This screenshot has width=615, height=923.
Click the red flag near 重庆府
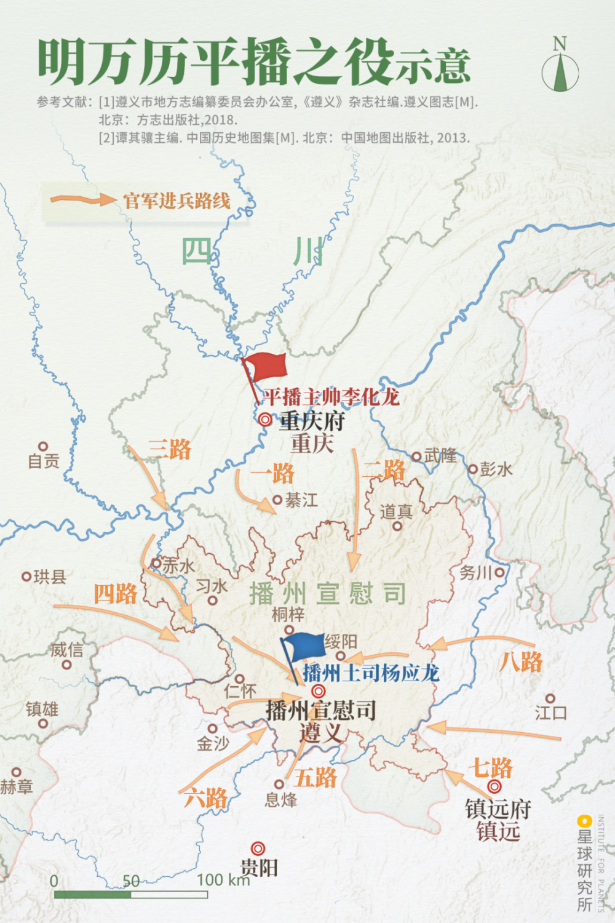point(266,367)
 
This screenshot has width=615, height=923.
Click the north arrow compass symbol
point(560,68)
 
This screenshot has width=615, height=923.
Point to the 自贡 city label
point(44,461)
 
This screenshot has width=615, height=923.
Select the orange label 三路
point(170,449)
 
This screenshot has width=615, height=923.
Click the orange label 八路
point(521,661)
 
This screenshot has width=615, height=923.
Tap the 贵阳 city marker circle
point(258,849)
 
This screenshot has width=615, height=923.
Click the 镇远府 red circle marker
point(494,786)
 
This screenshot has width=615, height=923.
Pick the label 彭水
point(496,469)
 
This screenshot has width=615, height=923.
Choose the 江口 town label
point(550,713)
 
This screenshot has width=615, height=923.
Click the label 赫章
point(17,786)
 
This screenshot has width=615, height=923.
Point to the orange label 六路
point(206,798)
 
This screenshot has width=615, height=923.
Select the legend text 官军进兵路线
point(177,201)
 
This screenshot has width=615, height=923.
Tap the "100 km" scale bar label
point(223,880)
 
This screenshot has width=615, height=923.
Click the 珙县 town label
point(49,577)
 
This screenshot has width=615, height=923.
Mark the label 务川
point(476,573)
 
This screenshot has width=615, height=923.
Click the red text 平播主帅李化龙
point(331,397)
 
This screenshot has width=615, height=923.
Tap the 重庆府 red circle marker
point(265,420)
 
